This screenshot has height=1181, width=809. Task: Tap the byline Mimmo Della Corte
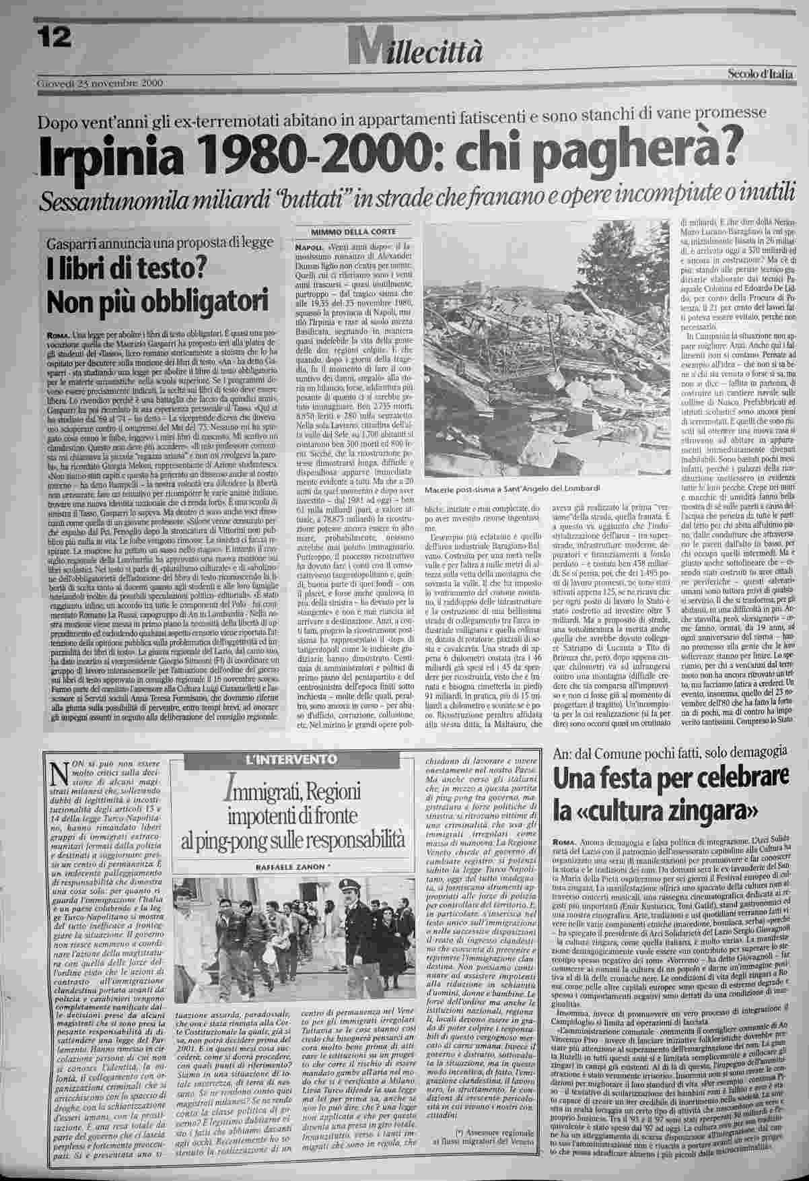(x=351, y=233)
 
